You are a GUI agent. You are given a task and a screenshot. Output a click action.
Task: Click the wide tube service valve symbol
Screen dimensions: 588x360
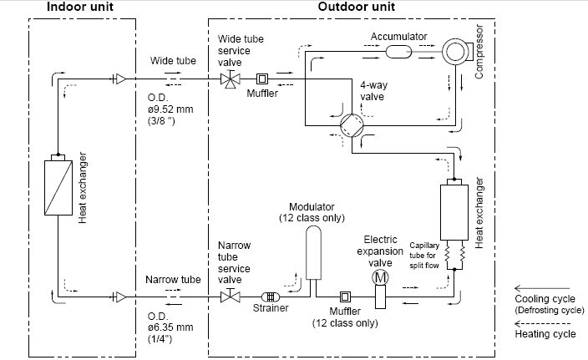pos(231,79)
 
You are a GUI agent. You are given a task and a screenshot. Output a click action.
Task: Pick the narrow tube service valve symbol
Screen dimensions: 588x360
pos(231,297)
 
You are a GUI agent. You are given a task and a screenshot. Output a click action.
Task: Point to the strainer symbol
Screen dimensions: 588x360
pos(271,297)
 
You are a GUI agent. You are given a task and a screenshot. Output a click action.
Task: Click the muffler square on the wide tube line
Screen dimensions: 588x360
pos(262,79)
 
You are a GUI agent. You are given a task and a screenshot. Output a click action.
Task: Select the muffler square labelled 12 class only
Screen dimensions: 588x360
pos(345,297)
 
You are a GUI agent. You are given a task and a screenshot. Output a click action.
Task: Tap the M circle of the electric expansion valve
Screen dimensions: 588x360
pos(380,278)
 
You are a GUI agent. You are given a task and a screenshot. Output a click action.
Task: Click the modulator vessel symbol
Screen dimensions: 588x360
pos(313,253)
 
